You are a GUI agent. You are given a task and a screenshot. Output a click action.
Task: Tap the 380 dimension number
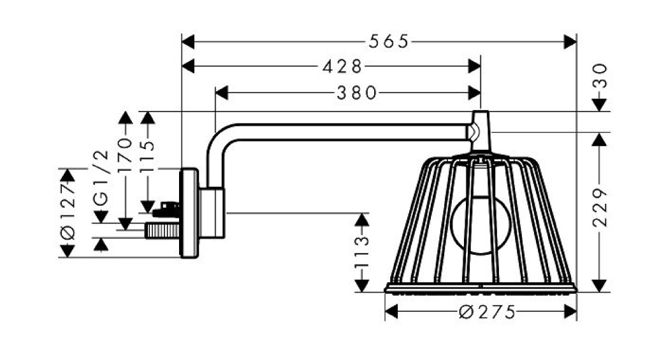356,93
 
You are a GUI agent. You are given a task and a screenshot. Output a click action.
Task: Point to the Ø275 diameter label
487,312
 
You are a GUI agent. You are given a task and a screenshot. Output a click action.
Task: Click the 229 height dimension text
600,208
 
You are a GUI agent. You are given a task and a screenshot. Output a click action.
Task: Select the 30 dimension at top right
600,76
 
